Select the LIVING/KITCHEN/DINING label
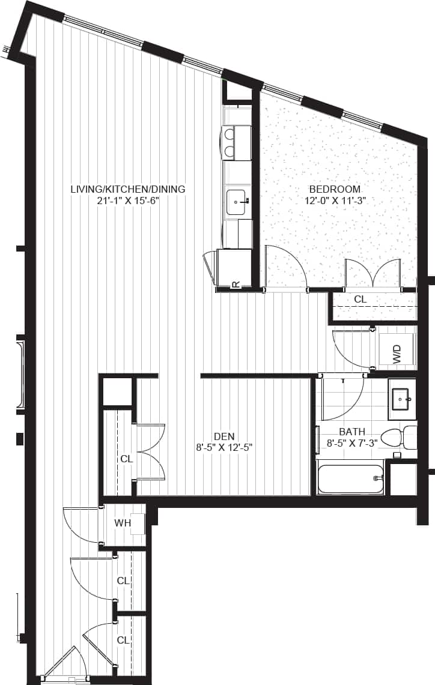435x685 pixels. tap(128, 189)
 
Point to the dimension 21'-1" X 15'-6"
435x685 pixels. tap(128, 201)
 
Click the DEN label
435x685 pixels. tap(223, 436)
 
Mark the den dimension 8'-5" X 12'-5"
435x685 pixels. tap(223, 447)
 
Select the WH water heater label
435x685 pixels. tap(123, 523)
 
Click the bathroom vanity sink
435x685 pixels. tap(401, 398)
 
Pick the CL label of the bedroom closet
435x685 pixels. tap(360, 298)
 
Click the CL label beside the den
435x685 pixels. tap(126, 459)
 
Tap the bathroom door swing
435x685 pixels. tap(342, 397)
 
